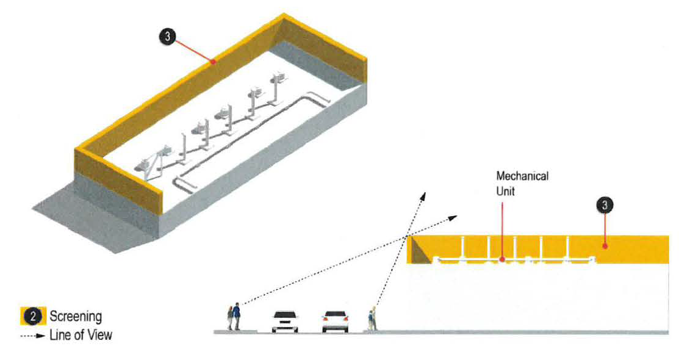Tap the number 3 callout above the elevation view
tap(604, 206)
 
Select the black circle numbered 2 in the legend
tap(36, 316)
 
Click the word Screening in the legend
tap(76, 317)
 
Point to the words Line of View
tap(81, 335)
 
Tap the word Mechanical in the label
tap(522, 176)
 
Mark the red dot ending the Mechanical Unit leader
tap(501, 259)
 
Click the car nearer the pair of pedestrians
tap(284, 321)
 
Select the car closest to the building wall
tap(335, 321)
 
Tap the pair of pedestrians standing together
tap(233, 317)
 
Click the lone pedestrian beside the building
tap(370, 320)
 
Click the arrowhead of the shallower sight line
tap(456, 216)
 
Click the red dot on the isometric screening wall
tap(212, 61)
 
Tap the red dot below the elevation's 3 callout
tap(604, 246)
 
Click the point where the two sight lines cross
tap(408, 237)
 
